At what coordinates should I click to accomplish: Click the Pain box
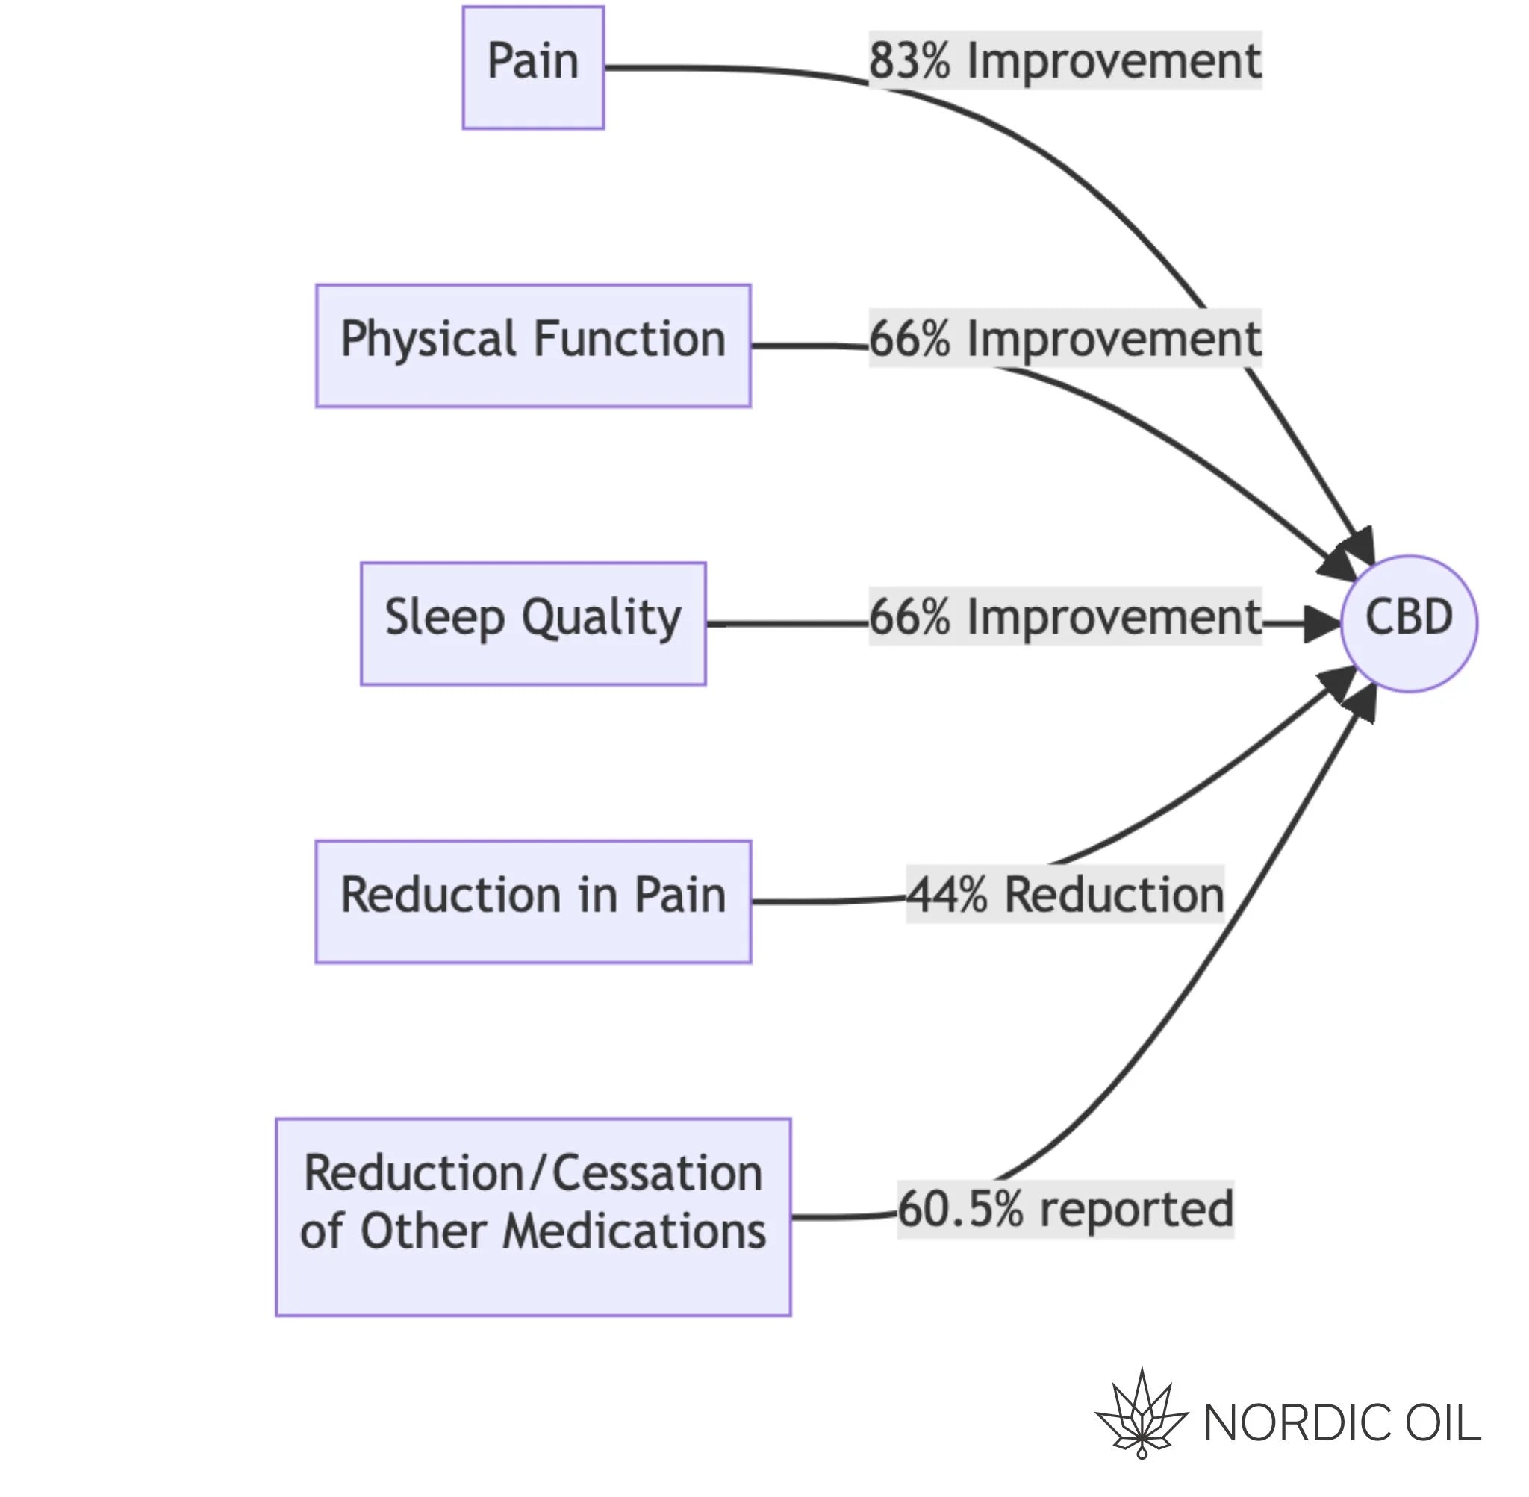532,68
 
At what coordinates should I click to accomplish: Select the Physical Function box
533,346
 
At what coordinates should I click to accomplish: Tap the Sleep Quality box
533,623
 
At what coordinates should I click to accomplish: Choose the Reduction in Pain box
533,901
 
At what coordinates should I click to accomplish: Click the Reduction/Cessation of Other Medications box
533,1217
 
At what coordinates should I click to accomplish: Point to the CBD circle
1409,623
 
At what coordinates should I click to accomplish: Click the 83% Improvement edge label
1065,60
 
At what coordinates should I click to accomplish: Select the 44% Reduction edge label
1065,894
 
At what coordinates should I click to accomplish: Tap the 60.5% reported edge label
1065,1209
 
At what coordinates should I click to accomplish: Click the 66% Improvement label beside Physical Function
1065,338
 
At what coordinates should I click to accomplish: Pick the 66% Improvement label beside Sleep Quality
1065,616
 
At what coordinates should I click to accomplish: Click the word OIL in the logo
1442,1423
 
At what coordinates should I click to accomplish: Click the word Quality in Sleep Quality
602,619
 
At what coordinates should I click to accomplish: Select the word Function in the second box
629,339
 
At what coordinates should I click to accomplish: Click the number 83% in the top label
909,60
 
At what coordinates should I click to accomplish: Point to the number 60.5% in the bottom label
960,1209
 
